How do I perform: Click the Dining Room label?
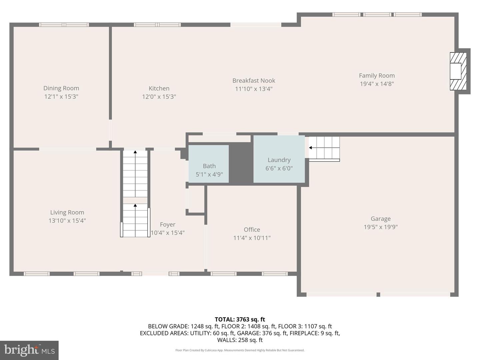click(x=61, y=88)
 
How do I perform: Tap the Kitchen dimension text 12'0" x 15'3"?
click(x=159, y=97)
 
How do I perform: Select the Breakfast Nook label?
click(x=254, y=81)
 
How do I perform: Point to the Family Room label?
click(x=377, y=76)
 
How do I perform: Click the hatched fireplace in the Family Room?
click(x=458, y=71)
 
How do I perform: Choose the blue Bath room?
click(x=209, y=164)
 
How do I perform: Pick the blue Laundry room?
click(x=279, y=159)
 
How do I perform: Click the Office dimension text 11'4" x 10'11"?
click(x=252, y=238)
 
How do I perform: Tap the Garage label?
click(x=381, y=219)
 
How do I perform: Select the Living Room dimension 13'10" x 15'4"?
click(x=67, y=221)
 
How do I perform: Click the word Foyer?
click(x=168, y=224)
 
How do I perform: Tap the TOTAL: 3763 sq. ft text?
click(x=240, y=319)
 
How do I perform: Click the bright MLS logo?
click(x=29, y=350)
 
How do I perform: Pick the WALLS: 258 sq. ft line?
click(x=240, y=340)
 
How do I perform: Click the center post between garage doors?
click(x=378, y=294)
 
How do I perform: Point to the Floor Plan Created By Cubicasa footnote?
click(x=240, y=350)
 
